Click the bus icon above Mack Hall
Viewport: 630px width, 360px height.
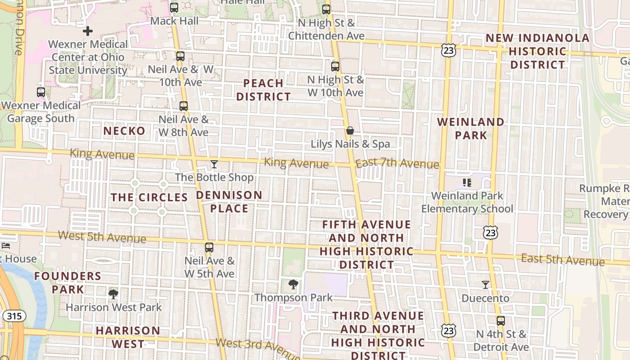174,8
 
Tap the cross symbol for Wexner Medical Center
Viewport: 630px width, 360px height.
88,31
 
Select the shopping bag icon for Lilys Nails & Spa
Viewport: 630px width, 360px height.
350,131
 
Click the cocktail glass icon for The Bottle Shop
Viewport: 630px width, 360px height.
214,164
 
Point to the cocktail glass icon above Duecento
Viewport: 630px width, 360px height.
486,285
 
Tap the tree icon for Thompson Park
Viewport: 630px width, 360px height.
293,284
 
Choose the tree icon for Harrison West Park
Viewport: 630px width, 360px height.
113,294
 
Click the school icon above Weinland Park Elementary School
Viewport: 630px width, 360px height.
467,183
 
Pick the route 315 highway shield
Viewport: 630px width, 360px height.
14,316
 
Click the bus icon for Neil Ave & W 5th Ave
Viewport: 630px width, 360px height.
209,247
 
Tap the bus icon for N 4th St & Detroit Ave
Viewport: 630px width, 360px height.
501,321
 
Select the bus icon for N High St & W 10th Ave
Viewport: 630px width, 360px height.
335,67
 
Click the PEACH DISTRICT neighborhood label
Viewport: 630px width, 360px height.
264,90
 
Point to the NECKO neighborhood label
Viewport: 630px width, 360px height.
124,131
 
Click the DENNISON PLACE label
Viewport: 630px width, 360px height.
229,202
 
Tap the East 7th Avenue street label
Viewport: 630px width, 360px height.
397,164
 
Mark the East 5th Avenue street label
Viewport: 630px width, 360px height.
562,260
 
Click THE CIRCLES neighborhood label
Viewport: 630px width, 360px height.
149,198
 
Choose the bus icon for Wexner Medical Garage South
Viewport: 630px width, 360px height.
41,92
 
